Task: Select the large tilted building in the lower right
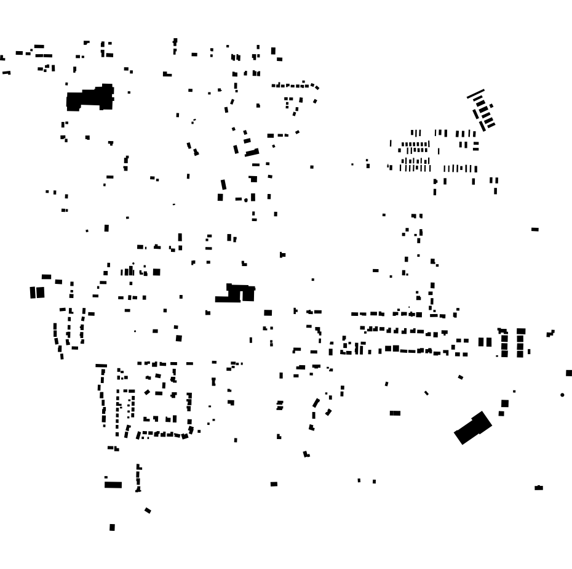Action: coord(473,427)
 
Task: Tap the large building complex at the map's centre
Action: coord(236,293)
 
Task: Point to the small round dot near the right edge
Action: coord(562,395)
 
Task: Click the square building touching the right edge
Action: coord(568,373)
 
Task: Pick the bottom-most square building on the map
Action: coord(112,527)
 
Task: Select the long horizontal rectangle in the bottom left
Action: coord(113,485)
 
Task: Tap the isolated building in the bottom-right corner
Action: coord(539,488)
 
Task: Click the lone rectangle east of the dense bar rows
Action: coord(534,229)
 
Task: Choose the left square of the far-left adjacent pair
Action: coord(33,293)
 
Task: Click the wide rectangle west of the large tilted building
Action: coord(395,413)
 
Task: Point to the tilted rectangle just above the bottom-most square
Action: coord(148,510)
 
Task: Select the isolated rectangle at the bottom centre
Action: coord(274,484)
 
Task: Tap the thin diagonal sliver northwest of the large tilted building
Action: coord(426,392)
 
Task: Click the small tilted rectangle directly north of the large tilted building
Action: coord(461,377)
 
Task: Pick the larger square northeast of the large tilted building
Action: coord(505,403)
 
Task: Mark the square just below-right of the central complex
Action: coord(268,313)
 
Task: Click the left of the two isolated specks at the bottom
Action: coord(359,480)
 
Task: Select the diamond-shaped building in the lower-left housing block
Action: coord(147,392)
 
